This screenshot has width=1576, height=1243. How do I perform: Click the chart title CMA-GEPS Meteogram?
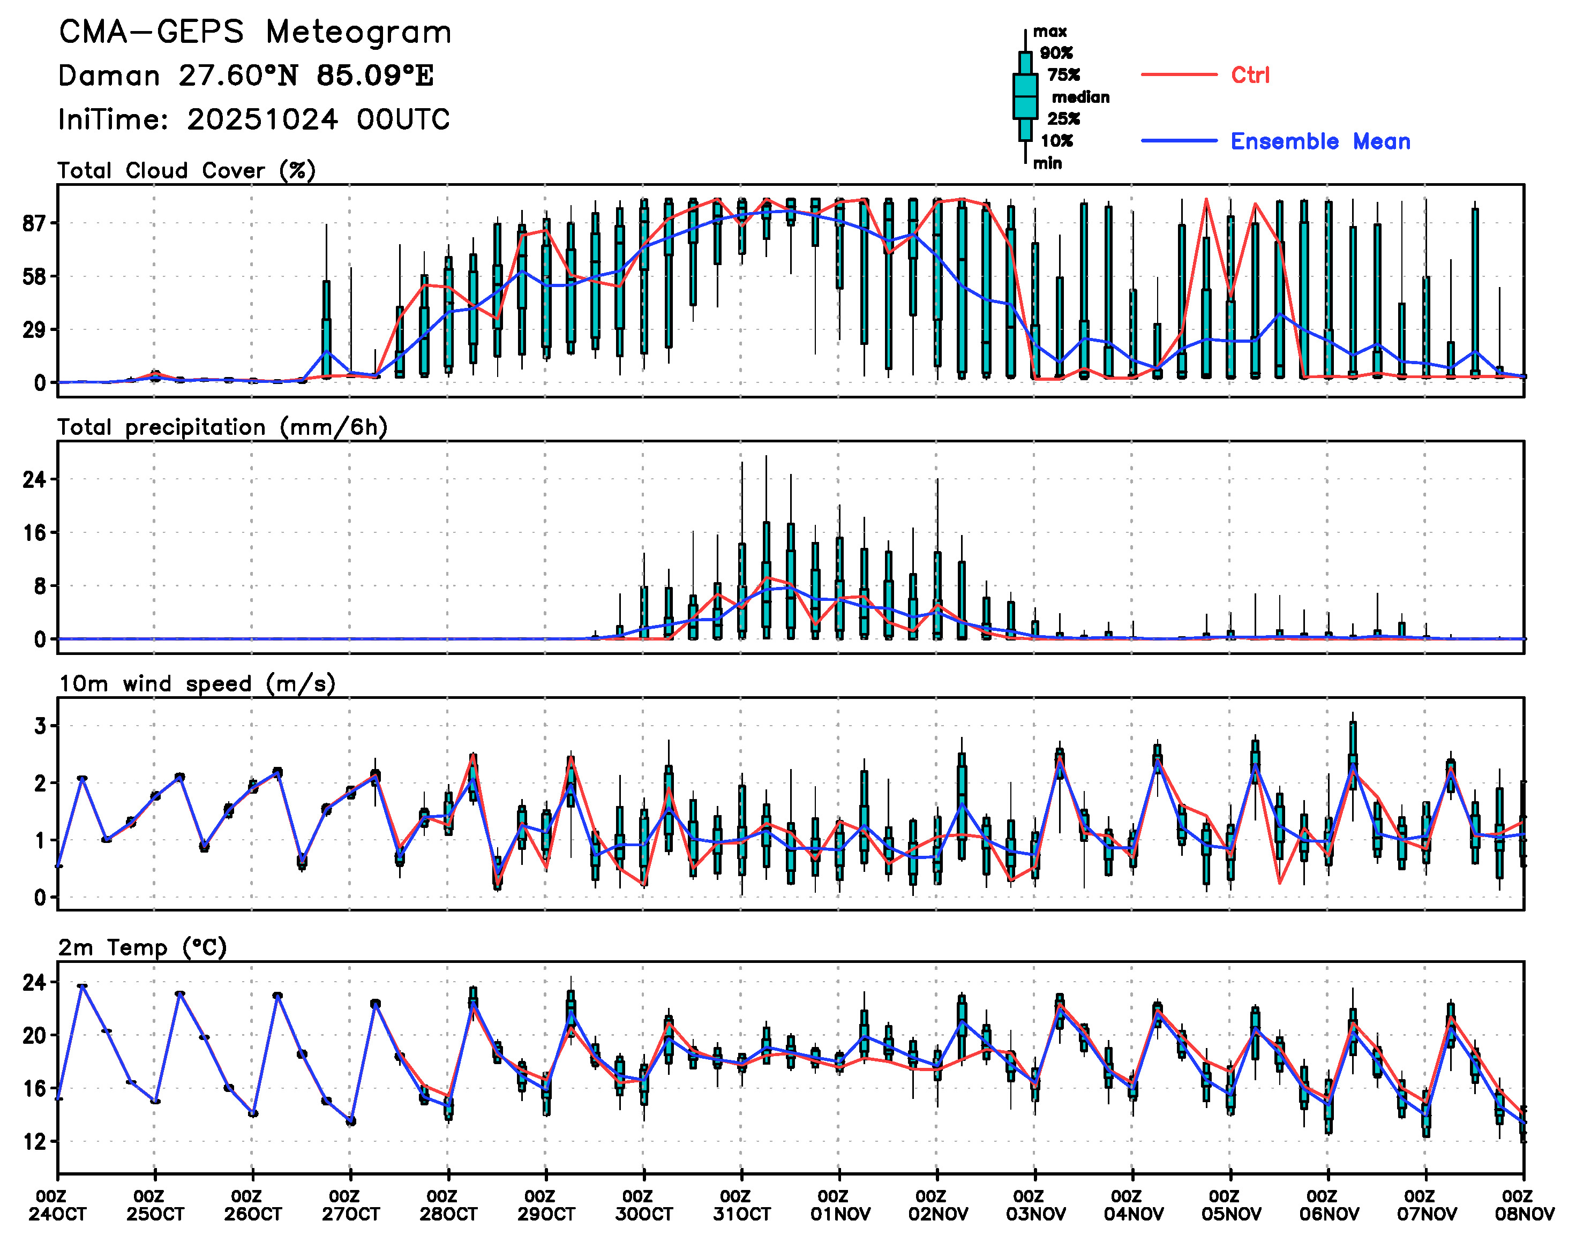tap(255, 33)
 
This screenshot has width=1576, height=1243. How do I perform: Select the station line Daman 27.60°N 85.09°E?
tap(246, 76)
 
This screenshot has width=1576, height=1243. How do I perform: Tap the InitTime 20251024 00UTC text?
tap(254, 119)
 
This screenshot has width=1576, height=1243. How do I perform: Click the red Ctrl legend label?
tap(1250, 75)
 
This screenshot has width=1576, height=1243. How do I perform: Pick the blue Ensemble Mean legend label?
tap(1320, 141)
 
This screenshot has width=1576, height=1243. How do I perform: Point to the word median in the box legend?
tap(1080, 97)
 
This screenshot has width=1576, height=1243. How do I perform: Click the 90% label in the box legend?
tap(1055, 52)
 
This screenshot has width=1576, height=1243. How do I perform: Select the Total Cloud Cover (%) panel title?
tap(186, 171)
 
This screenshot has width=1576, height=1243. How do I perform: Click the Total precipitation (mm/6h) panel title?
tap(222, 427)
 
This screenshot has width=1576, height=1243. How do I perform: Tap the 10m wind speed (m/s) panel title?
tap(197, 684)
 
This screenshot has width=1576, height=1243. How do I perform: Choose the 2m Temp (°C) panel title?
tap(142, 947)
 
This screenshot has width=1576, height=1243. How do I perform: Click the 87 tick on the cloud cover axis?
tap(34, 223)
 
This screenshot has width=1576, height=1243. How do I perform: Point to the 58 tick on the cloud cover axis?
tap(34, 276)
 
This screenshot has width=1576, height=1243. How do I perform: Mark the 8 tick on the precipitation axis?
tap(39, 586)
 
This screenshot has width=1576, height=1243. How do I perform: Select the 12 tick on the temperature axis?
tap(34, 1142)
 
